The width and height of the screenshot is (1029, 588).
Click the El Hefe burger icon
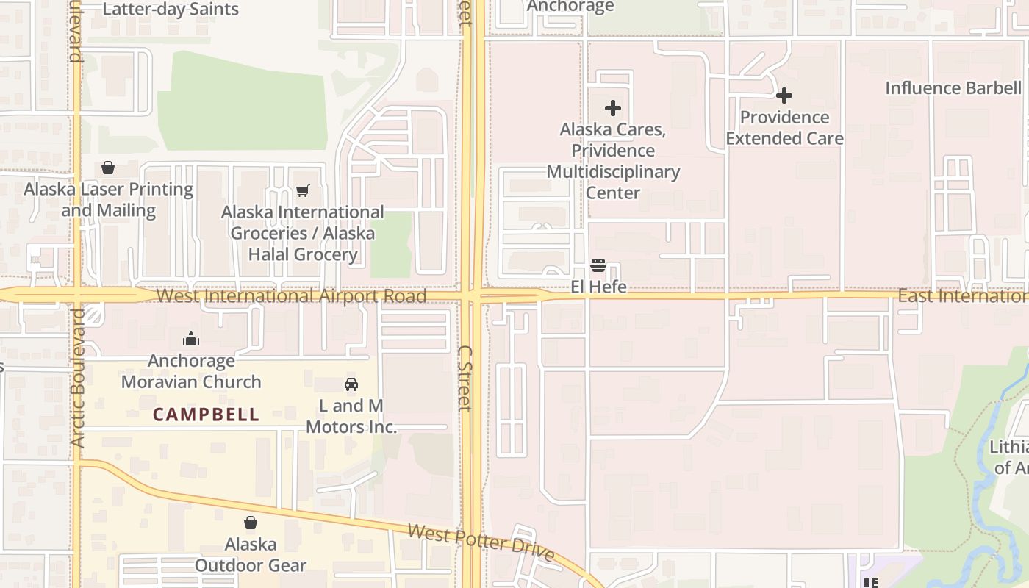(598, 265)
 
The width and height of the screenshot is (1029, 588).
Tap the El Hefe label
(598, 287)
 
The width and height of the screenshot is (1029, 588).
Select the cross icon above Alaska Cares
(612, 108)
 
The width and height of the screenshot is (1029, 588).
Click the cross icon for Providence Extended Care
(784, 96)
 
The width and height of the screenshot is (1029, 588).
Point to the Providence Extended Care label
(784, 128)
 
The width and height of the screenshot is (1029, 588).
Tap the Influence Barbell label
(953, 88)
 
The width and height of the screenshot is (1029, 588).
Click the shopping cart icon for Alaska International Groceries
(302, 191)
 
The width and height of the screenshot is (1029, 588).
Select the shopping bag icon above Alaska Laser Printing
(108, 168)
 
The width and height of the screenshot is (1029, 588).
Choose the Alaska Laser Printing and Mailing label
(108, 200)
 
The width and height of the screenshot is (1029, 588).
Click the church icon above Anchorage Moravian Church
(191, 339)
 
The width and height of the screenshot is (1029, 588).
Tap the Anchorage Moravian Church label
(191, 371)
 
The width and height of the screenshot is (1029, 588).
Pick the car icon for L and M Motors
(351, 384)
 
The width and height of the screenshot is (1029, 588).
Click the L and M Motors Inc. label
(351, 416)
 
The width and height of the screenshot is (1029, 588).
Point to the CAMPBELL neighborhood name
(206, 415)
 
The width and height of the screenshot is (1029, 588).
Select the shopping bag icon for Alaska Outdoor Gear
(251, 523)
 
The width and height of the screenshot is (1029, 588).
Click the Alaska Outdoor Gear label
(251, 555)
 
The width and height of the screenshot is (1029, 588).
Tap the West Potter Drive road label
(481, 542)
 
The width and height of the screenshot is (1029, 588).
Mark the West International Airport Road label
(291, 296)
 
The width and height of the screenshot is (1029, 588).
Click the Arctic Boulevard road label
(79, 377)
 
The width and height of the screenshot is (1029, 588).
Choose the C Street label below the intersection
(464, 378)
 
